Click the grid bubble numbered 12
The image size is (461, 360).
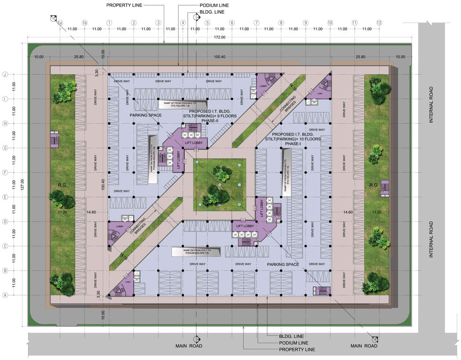click(x=379, y=23)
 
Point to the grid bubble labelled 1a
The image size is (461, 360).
click(x=60, y=23)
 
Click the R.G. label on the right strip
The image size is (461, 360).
click(x=374, y=185)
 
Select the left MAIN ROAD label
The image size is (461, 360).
click(x=189, y=346)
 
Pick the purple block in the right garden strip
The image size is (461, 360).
click(x=384, y=187)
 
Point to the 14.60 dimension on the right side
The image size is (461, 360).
click(x=348, y=212)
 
